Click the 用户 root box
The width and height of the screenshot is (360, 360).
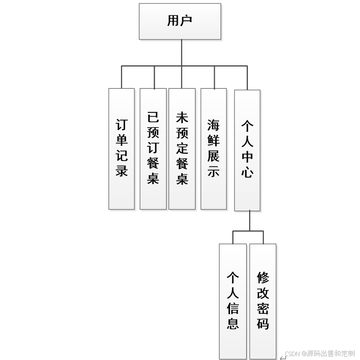click(x=180, y=21)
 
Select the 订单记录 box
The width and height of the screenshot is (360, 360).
click(x=122, y=148)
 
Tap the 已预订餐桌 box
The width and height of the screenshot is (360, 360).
click(x=153, y=148)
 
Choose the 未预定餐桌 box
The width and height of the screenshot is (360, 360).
click(x=182, y=148)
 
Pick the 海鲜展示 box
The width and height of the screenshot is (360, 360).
click(x=214, y=148)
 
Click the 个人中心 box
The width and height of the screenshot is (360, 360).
click(x=247, y=150)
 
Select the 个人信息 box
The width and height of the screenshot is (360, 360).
click(x=232, y=301)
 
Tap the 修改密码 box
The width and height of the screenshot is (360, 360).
click(x=263, y=301)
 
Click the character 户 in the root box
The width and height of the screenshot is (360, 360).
click(x=186, y=21)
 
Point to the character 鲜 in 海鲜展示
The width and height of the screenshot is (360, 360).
click(x=214, y=140)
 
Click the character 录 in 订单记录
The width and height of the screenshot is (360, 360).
click(x=122, y=170)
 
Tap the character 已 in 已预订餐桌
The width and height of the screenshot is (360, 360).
click(x=153, y=117)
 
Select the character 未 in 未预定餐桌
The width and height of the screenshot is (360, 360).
click(x=182, y=117)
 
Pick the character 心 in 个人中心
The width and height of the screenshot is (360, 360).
click(x=247, y=172)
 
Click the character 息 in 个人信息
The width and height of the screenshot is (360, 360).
click(x=232, y=323)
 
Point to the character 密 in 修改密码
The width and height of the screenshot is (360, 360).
click(x=263, y=309)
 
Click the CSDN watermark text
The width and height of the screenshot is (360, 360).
click(x=320, y=353)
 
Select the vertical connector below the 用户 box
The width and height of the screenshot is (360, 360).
click(x=182, y=52)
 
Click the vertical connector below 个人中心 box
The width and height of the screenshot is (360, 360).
click(x=250, y=221)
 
